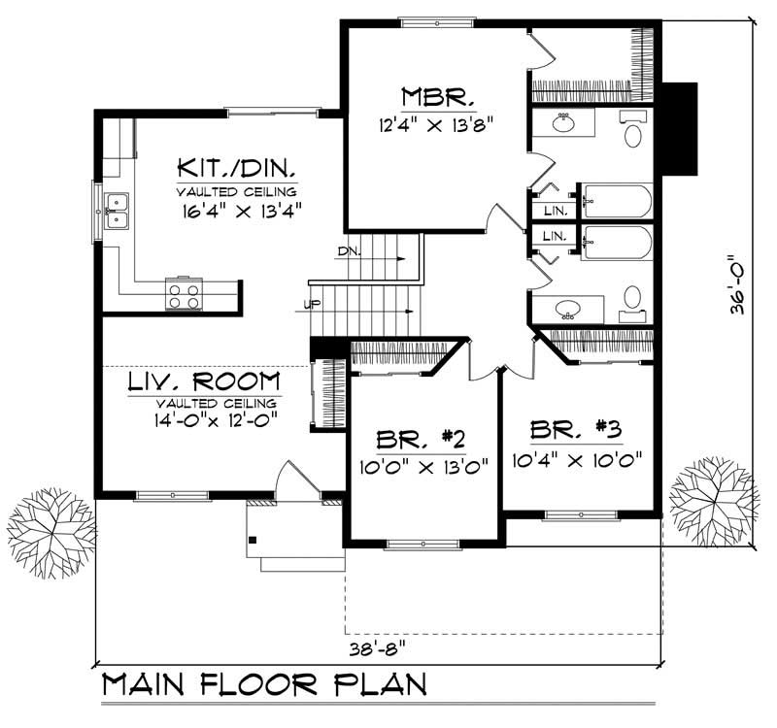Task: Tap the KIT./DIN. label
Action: click(236, 168)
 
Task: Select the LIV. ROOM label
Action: click(204, 381)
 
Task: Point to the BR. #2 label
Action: click(421, 440)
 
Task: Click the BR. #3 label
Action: click(575, 429)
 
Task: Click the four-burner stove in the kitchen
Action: click(184, 293)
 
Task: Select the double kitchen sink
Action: click(116, 212)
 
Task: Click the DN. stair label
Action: click(350, 251)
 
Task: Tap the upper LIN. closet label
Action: click(555, 211)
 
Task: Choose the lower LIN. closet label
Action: click(554, 236)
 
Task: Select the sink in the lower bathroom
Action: click(568, 309)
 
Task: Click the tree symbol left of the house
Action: click(51, 533)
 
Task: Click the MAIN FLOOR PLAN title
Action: click(264, 685)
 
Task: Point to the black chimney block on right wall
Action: click(679, 129)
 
